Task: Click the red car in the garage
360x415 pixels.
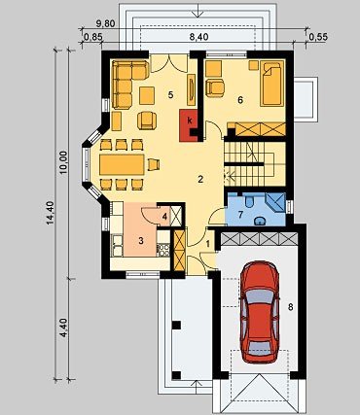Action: coord(260,312)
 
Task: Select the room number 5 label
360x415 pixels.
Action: coord(170,94)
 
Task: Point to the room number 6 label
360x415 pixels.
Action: coord(240,100)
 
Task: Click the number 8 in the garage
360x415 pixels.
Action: coord(290,307)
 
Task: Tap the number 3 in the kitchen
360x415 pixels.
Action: coord(141,240)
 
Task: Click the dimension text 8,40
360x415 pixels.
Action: coord(198,37)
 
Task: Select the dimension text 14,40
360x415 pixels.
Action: coord(50,213)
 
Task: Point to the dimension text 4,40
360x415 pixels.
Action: coord(63,328)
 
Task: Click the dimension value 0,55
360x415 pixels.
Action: coord(318,37)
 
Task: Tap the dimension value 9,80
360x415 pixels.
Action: coord(106,24)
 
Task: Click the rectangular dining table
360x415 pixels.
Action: coord(122,164)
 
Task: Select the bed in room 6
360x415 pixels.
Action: coord(271,84)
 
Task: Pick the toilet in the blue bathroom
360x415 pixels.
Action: coord(249,200)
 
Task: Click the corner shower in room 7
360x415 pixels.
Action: coord(276,202)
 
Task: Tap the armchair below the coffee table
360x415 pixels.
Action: coord(147,121)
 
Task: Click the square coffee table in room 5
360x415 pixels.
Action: coord(147,95)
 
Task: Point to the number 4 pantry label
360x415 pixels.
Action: coord(164,216)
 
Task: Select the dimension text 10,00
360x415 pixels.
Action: coord(63,162)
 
